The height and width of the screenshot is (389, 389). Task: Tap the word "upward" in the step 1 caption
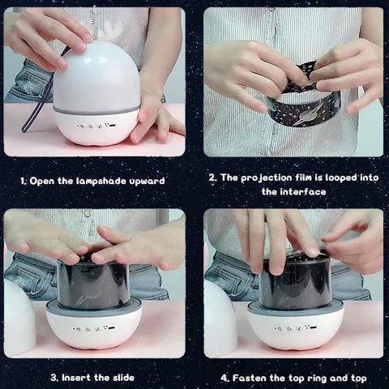point(147,181)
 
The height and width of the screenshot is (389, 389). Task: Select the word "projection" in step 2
point(266,178)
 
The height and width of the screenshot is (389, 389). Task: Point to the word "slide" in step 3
point(123,378)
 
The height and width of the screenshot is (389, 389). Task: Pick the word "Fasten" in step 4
point(249,378)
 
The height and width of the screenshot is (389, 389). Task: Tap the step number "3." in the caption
point(54,378)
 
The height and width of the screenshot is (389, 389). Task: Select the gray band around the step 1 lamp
point(96,111)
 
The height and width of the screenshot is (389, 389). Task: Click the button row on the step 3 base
point(95,328)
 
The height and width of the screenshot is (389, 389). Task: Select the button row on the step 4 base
point(296,328)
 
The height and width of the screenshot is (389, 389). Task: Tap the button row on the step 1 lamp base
point(96,126)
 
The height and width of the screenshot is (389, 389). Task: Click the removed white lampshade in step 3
point(19,314)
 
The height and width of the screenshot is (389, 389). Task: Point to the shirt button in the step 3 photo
point(88,213)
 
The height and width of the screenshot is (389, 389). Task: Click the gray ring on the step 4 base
point(295,310)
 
